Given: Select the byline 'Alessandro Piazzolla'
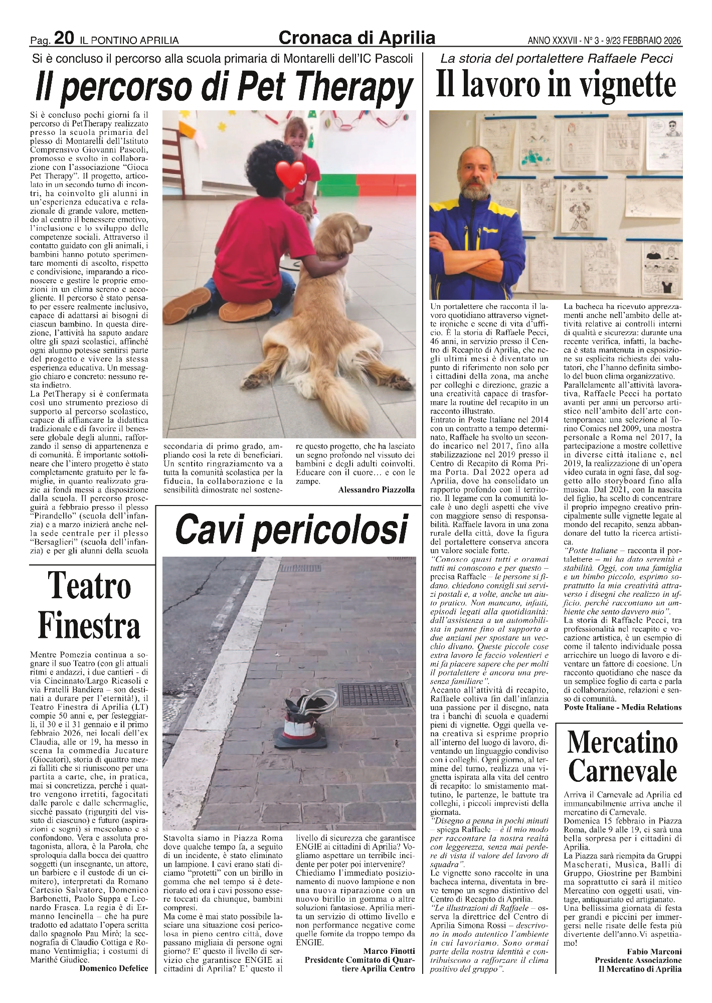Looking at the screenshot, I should (377, 490).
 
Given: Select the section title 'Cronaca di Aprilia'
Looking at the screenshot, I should (357, 38).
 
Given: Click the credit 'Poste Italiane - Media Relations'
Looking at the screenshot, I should (623, 707).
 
